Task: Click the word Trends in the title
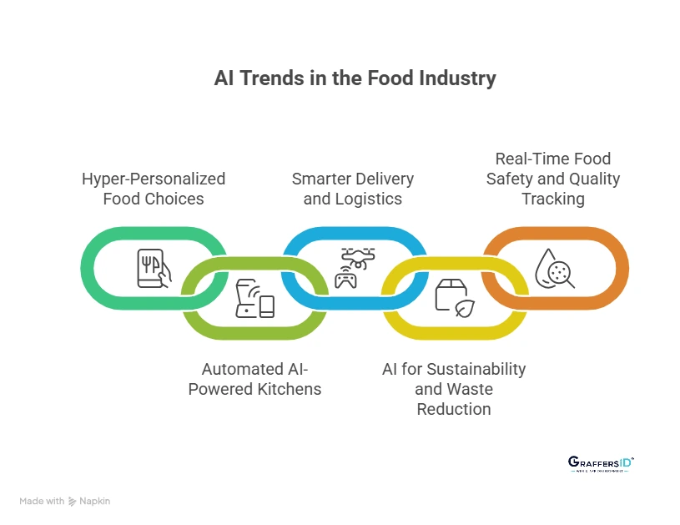[269, 79]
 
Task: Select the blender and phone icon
[254, 299]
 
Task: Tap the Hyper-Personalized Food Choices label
[154, 189]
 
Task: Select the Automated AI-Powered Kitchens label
[254, 379]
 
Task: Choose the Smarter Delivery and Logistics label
[353, 189]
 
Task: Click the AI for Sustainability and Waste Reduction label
[454, 389]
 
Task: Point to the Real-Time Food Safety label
[553, 179]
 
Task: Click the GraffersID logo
[601, 464]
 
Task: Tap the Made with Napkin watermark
[65, 501]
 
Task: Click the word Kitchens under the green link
[289, 389]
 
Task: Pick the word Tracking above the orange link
[553, 199]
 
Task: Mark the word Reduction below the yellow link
[454, 409]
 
